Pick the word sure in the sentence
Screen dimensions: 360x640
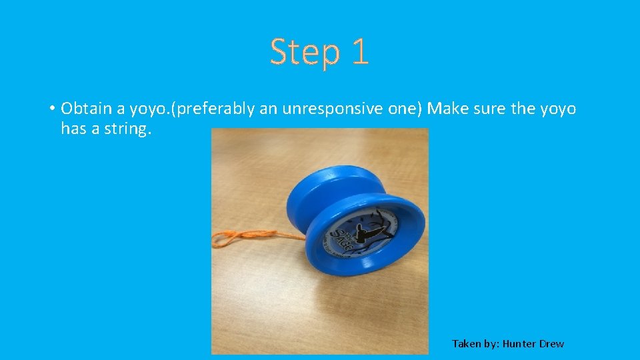[489, 109]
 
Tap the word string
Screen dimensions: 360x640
[128, 128]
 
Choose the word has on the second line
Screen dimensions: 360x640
[74, 128]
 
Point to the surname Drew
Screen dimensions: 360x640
[551, 344]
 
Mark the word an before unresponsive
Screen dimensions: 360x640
[269, 109]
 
